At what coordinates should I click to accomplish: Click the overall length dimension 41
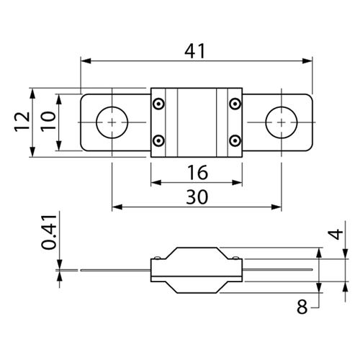(x=195, y=51)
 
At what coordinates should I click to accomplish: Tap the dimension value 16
(x=197, y=172)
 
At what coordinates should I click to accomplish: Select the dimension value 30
(x=197, y=197)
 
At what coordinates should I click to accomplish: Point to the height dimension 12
(x=22, y=122)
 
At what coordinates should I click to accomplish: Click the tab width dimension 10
(x=48, y=121)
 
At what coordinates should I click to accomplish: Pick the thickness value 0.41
(x=49, y=233)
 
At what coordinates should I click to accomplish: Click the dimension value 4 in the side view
(x=337, y=234)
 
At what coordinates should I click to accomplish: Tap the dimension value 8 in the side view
(x=302, y=307)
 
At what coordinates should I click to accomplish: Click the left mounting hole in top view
(x=112, y=122)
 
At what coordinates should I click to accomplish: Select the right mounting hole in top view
(x=282, y=122)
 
